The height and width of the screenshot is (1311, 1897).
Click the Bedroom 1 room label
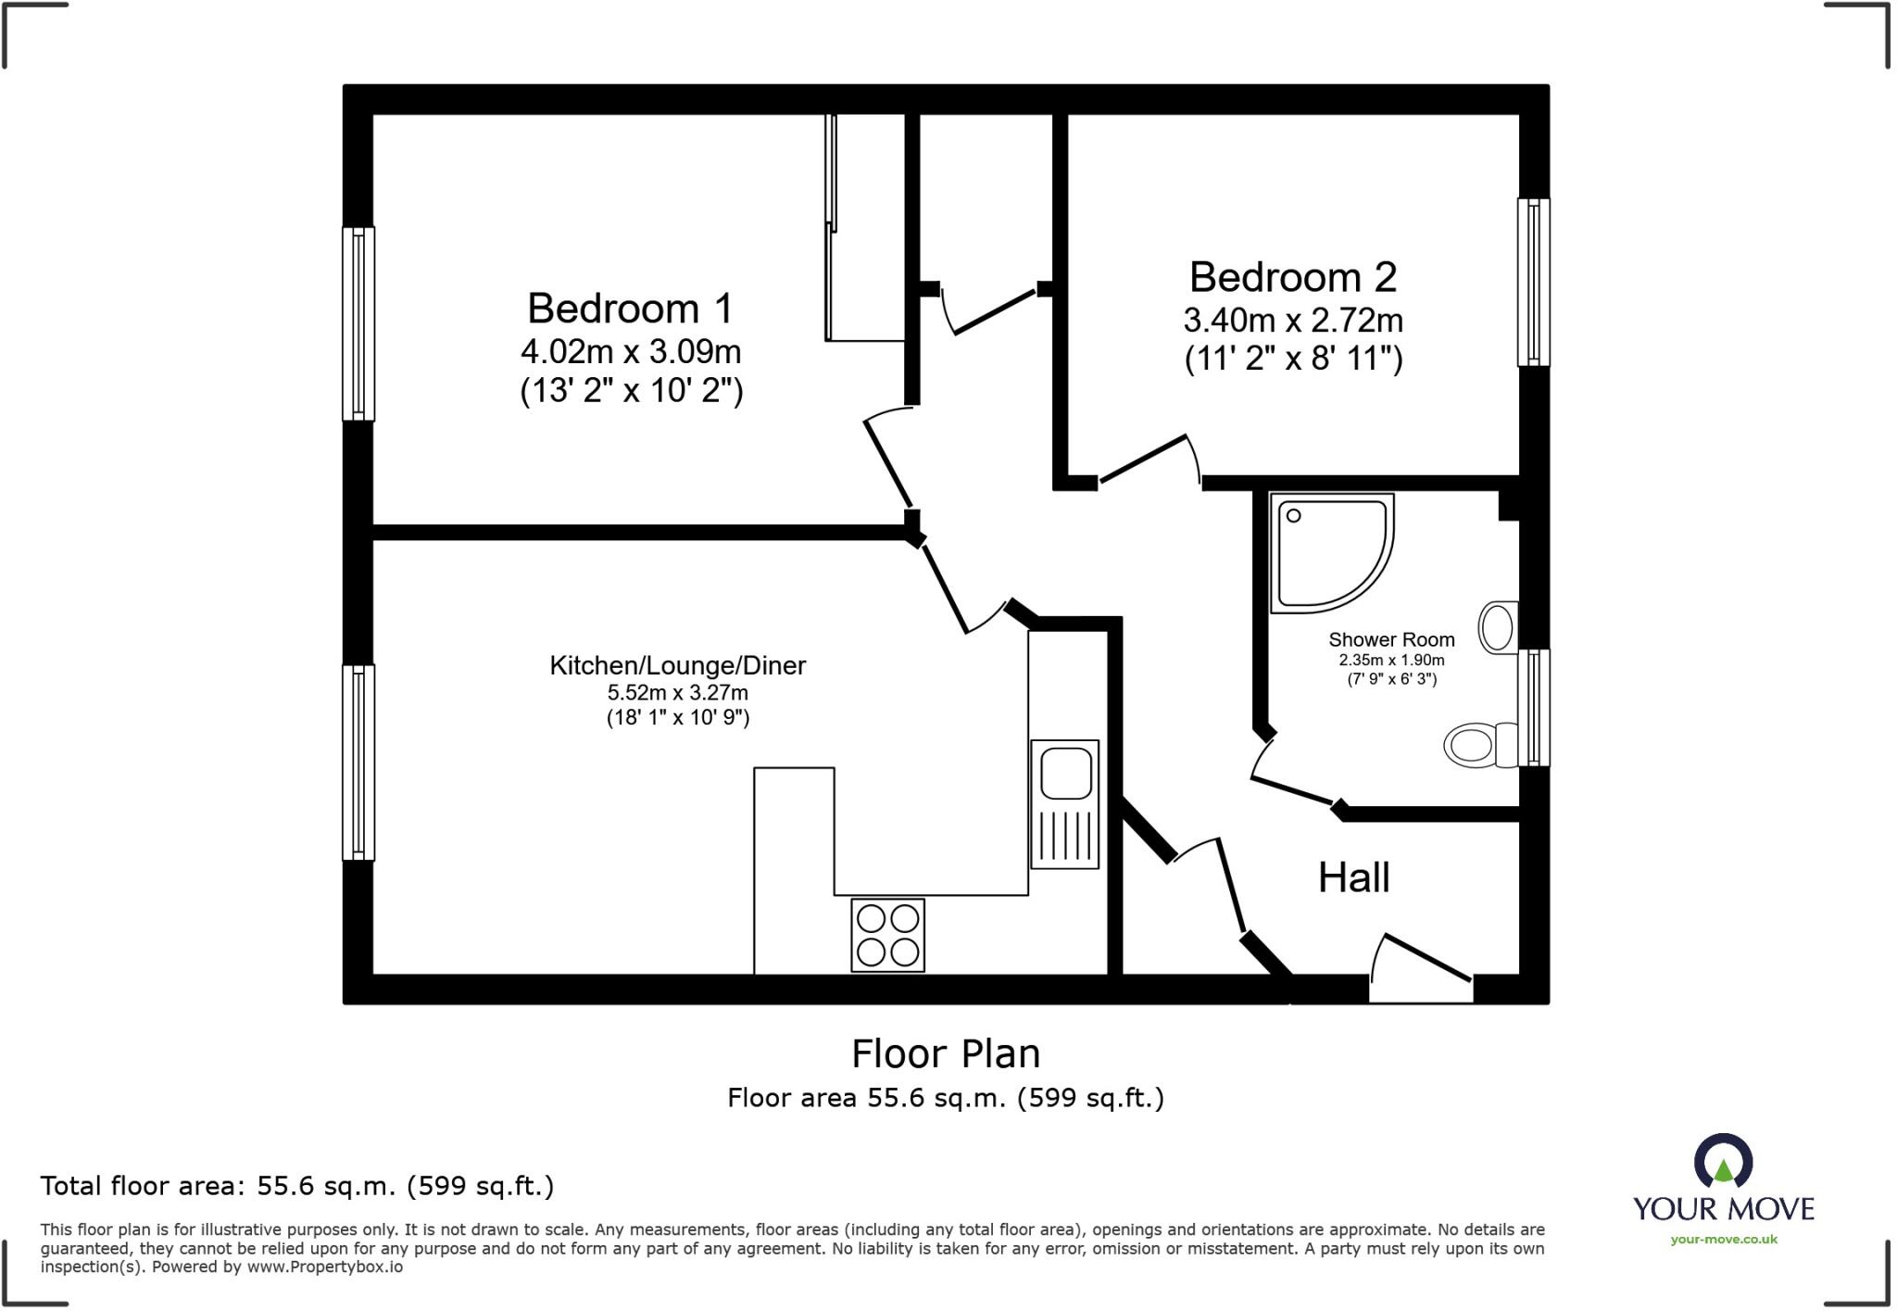(630, 309)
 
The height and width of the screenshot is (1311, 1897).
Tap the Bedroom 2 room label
(1292, 277)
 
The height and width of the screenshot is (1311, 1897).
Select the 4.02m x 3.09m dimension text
(630, 352)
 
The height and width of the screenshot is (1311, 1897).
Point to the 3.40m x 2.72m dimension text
(1292, 321)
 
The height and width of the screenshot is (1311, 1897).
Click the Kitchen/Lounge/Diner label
(677, 665)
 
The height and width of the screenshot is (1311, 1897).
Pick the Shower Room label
(1391, 639)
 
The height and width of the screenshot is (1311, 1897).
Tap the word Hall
(1353, 877)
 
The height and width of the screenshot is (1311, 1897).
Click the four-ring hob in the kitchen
(887, 935)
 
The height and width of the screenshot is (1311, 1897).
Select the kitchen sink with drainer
(1065, 803)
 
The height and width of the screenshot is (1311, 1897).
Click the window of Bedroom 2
(1533, 282)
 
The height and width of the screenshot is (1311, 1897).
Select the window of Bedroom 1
(358, 323)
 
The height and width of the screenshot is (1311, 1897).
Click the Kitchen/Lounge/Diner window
(358, 762)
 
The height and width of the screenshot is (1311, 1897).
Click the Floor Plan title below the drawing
(945, 1053)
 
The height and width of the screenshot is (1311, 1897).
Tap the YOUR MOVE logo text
(1723, 1208)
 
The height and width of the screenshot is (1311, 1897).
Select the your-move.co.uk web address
(1723, 1239)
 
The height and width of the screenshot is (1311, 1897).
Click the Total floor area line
(296, 1186)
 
